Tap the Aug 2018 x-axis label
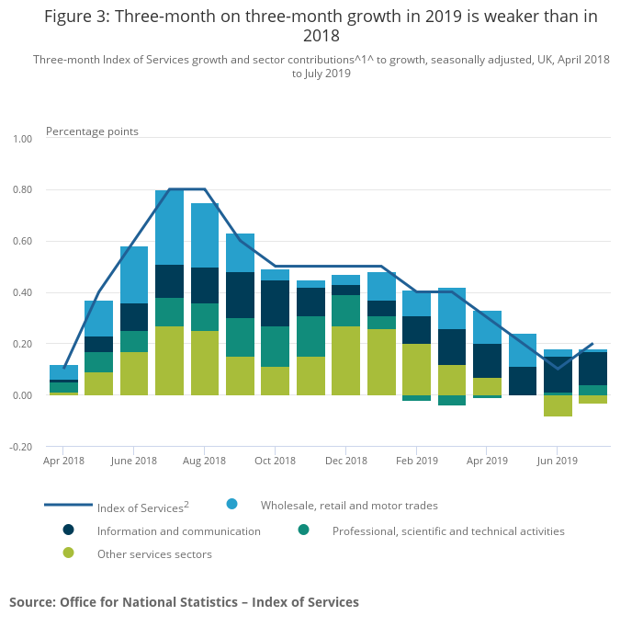pos(204,461)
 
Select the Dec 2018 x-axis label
pos(345,461)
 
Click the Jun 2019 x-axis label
pos(557,461)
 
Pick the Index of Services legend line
pos(69,505)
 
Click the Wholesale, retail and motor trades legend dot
pos(232,504)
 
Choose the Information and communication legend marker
pos(69,530)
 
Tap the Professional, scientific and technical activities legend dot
pos(304,530)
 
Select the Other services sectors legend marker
pos(69,553)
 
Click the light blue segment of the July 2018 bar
pos(169,227)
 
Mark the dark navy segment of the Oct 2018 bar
pos(275,303)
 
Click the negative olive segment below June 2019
pos(558,405)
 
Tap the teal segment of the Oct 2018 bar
pos(275,347)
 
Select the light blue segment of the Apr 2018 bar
pos(63,372)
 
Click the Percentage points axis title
pos(92,131)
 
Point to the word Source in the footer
pos(31,602)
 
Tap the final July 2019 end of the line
pos(592,343)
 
